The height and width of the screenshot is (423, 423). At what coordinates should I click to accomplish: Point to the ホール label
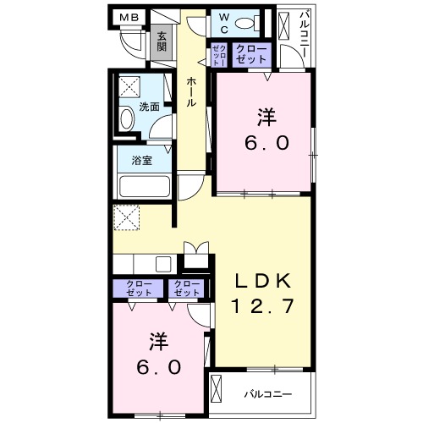(x=192, y=90)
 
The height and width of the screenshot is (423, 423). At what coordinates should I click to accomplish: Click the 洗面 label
(x=150, y=107)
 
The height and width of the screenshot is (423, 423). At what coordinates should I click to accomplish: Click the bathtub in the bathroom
(x=146, y=185)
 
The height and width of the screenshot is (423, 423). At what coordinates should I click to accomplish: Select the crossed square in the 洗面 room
(x=129, y=85)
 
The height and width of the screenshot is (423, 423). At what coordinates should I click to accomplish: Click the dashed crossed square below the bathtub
(x=129, y=217)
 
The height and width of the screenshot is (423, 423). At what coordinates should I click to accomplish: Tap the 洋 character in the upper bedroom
(x=266, y=118)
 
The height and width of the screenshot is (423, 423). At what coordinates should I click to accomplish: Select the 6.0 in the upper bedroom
(x=266, y=144)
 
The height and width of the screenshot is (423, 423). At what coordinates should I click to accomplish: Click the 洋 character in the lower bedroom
(x=160, y=342)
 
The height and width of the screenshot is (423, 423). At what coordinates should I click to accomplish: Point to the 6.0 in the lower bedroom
(x=160, y=368)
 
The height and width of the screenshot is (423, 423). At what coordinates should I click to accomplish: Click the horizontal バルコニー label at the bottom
(x=269, y=394)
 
